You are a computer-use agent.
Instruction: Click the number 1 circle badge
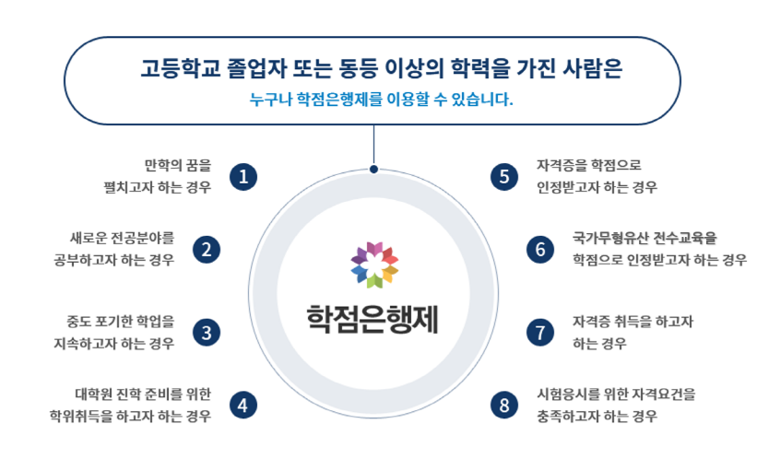coord(243,177)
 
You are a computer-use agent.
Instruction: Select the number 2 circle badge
coord(207,250)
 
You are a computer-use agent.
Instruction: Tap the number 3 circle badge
coord(207,333)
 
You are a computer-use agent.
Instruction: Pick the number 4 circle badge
coord(243,405)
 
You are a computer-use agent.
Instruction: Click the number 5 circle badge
coord(504,177)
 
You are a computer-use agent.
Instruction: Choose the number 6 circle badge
coord(540,250)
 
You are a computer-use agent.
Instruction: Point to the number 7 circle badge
coord(540,333)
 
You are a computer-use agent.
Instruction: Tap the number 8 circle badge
coord(504,405)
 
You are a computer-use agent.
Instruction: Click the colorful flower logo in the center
coord(374,265)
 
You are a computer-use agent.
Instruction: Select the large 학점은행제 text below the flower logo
coord(373,319)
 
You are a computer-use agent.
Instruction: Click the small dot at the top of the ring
coord(373,170)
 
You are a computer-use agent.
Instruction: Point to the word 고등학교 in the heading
coord(178,68)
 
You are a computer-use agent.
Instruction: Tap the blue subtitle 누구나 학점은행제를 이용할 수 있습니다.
coord(381,100)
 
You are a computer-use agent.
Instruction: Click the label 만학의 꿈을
coord(178,165)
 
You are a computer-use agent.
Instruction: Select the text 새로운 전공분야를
coord(122,239)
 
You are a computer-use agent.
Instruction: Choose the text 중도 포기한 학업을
coord(121,322)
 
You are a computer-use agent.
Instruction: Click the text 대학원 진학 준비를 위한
coord(143,394)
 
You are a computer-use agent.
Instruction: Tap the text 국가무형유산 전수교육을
coord(645,239)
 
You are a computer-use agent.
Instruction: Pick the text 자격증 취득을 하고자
coord(633,322)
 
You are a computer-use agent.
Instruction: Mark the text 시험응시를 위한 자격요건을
coord(616,394)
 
